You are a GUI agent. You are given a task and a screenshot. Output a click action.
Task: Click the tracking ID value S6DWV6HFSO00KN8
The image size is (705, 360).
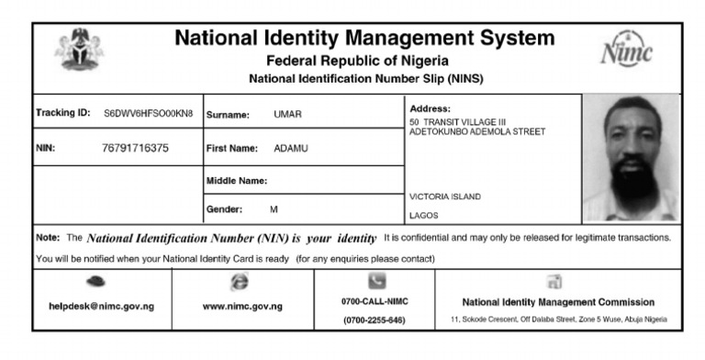tap(149, 114)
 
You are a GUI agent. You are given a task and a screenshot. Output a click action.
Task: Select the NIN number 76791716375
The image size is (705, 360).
tap(135, 147)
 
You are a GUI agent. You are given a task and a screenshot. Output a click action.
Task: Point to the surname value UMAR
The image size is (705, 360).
tap(287, 115)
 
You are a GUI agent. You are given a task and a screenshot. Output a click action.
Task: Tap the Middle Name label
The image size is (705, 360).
tap(236, 180)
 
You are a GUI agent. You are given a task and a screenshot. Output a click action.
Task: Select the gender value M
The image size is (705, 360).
tap(274, 209)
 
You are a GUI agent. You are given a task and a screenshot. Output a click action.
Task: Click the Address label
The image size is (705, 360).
tap(431, 108)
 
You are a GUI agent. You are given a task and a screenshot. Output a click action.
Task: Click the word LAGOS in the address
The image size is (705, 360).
tap(423, 216)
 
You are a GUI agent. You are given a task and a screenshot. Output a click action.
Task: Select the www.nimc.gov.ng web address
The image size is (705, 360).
tap(241, 306)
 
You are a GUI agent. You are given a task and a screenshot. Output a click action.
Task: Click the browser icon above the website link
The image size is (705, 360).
tap(241, 284)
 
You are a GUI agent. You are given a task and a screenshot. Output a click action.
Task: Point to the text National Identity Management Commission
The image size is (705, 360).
tap(558, 302)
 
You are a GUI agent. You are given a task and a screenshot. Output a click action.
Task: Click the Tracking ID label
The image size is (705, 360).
tap(63, 114)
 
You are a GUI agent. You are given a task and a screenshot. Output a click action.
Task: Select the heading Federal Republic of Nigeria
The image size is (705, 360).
tap(352, 61)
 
